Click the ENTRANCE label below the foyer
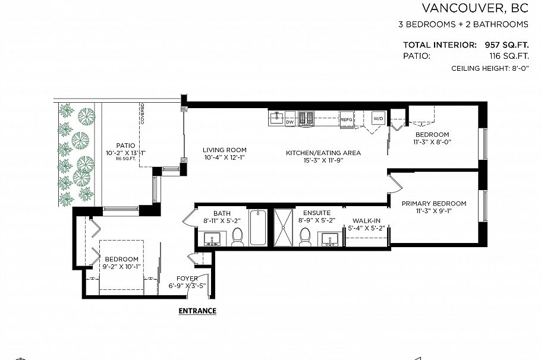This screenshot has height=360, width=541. click(x=197, y=311)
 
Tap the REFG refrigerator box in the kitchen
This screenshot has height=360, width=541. click(x=347, y=119)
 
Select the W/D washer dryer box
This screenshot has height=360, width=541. click(x=378, y=118)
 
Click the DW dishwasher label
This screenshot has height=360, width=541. click(x=290, y=122)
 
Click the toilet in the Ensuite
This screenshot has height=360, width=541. click(x=306, y=236)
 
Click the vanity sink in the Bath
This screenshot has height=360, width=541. click(x=212, y=239)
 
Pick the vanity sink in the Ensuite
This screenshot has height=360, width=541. click(x=330, y=239)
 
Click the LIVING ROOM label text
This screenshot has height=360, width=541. click(x=224, y=150)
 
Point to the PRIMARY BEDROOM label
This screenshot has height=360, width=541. click(x=433, y=204)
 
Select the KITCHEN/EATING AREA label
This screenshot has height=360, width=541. click(x=323, y=153)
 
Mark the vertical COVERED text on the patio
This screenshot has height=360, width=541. click(x=143, y=114)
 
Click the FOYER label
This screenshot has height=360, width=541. click(x=187, y=279)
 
